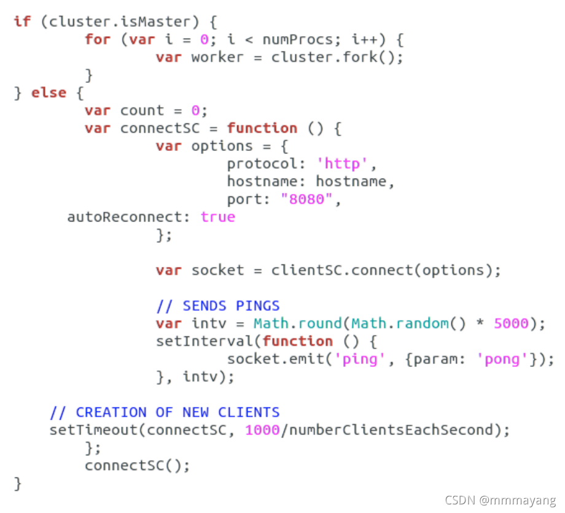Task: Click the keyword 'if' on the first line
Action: (21, 21)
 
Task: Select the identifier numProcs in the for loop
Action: (297, 39)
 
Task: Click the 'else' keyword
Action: (49, 93)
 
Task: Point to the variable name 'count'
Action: (142, 110)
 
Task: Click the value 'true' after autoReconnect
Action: (217, 217)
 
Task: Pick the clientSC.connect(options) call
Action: (386, 270)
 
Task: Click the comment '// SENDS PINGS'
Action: (217, 306)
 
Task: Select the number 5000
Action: (511, 323)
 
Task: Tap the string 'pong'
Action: (502, 359)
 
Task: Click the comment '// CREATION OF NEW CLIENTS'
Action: (164, 412)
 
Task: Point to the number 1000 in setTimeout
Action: (262, 430)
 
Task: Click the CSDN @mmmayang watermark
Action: (499, 501)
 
